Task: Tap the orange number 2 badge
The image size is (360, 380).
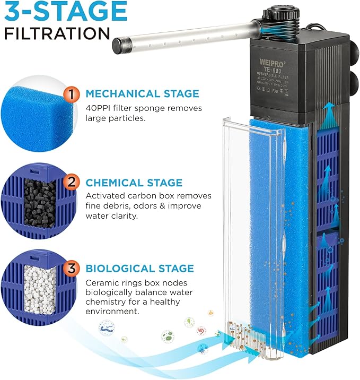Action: pos(71,183)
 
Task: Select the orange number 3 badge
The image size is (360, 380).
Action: pos(71,269)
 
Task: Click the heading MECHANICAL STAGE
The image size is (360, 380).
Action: pos(142,94)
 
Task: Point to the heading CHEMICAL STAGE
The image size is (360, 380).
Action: pos(134,183)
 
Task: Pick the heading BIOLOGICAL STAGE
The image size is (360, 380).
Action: pos(139,269)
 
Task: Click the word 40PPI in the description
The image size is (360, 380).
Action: pos(99,107)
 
